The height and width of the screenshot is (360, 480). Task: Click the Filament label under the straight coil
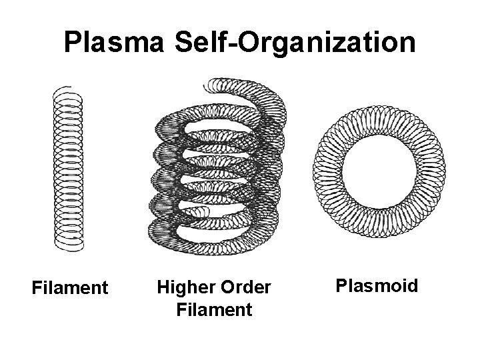pos(70,289)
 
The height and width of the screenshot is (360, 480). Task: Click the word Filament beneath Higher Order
pos(213,310)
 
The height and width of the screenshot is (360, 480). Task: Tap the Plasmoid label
pos(377,287)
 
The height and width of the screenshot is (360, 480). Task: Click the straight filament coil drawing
pos(67,170)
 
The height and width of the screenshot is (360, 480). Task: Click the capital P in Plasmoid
pos(341,287)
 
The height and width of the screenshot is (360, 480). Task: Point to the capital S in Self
pos(183,43)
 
